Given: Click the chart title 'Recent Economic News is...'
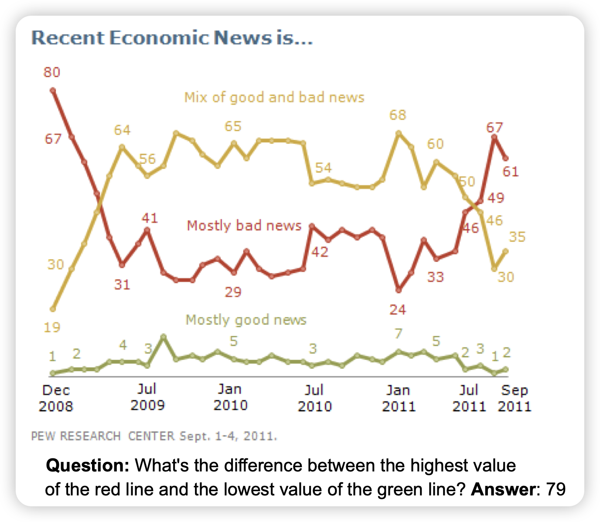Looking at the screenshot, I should [172, 38].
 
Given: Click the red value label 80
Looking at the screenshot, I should [51, 72].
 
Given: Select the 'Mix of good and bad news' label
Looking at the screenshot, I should [274, 97].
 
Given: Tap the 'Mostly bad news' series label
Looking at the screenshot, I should [244, 226].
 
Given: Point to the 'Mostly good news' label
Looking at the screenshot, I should [246, 320].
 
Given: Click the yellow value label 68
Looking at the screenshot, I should [398, 115].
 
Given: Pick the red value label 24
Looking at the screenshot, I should [398, 310].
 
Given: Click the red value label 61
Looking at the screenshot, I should [511, 172].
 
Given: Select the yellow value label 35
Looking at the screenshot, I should [517, 237].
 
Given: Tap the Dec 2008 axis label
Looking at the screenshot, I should [56, 398].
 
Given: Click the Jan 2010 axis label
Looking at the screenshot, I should [230, 397].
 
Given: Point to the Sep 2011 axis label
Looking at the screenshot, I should [515, 398].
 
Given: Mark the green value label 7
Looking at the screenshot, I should [398, 334].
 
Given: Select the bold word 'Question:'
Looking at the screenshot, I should [87, 466].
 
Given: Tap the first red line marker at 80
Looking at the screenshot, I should [53, 91].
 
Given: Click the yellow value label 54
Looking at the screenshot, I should [324, 168].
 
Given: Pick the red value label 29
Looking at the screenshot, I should [233, 292].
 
